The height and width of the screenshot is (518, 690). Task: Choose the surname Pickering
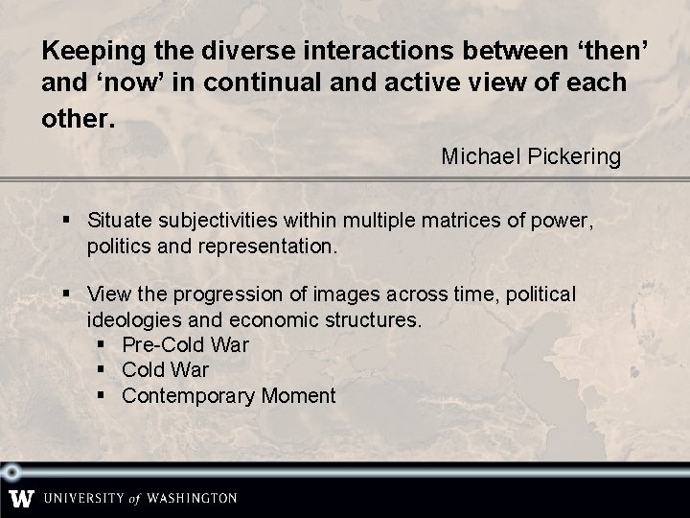[x=574, y=155]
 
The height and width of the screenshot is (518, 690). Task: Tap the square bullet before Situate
[x=67, y=222]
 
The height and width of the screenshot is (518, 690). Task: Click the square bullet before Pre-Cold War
[x=103, y=344]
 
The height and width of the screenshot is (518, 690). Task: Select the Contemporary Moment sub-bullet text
[x=229, y=395]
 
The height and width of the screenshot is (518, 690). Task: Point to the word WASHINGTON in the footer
[x=195, y=499]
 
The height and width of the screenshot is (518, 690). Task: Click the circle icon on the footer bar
[x=11, y=472]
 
